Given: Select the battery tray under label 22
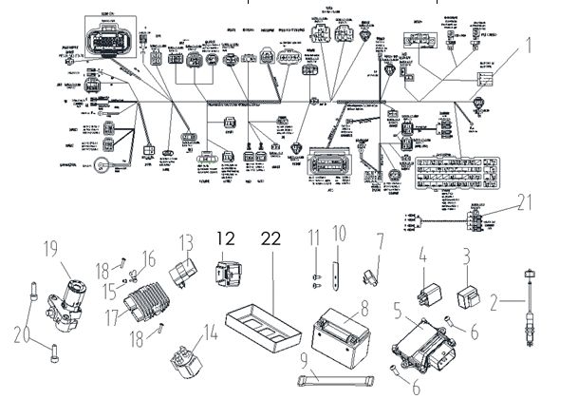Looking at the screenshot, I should pos(262,319).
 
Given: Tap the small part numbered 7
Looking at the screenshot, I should pos(370,278).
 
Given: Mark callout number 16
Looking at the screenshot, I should pos(147,257).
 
